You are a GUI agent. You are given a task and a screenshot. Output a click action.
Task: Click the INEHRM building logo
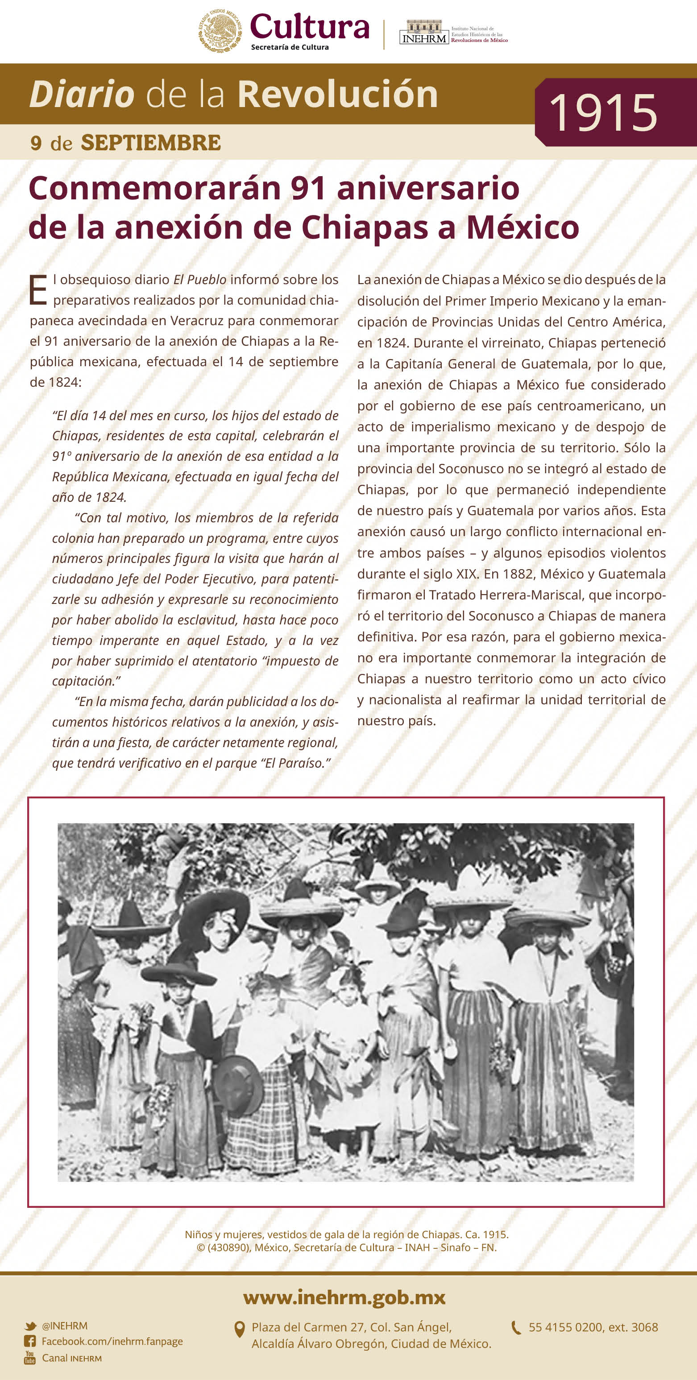pos(423,32)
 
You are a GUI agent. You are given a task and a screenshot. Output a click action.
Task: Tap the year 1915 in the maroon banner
pos(603,112)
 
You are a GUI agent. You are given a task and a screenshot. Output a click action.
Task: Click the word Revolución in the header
pos(337,94)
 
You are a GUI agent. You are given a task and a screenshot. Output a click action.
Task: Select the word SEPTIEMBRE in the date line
pos(151,143)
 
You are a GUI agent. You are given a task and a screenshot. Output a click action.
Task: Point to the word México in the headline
pos(523,227)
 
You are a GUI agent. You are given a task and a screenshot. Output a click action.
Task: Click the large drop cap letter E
pos(37,290)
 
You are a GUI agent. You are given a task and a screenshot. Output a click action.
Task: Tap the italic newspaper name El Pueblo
pos(199,280)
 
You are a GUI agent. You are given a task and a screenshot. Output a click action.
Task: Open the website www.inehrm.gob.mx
pos(344,1297)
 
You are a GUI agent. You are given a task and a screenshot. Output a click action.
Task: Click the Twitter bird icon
pos(30,1326)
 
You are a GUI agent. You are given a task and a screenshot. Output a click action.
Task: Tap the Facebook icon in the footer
pos(30,1342)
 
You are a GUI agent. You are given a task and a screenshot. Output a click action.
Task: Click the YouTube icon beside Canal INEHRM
pos(30,1358)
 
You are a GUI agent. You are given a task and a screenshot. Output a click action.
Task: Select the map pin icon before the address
pos(240,1330)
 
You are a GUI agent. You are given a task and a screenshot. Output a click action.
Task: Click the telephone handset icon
pos(516,1327)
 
